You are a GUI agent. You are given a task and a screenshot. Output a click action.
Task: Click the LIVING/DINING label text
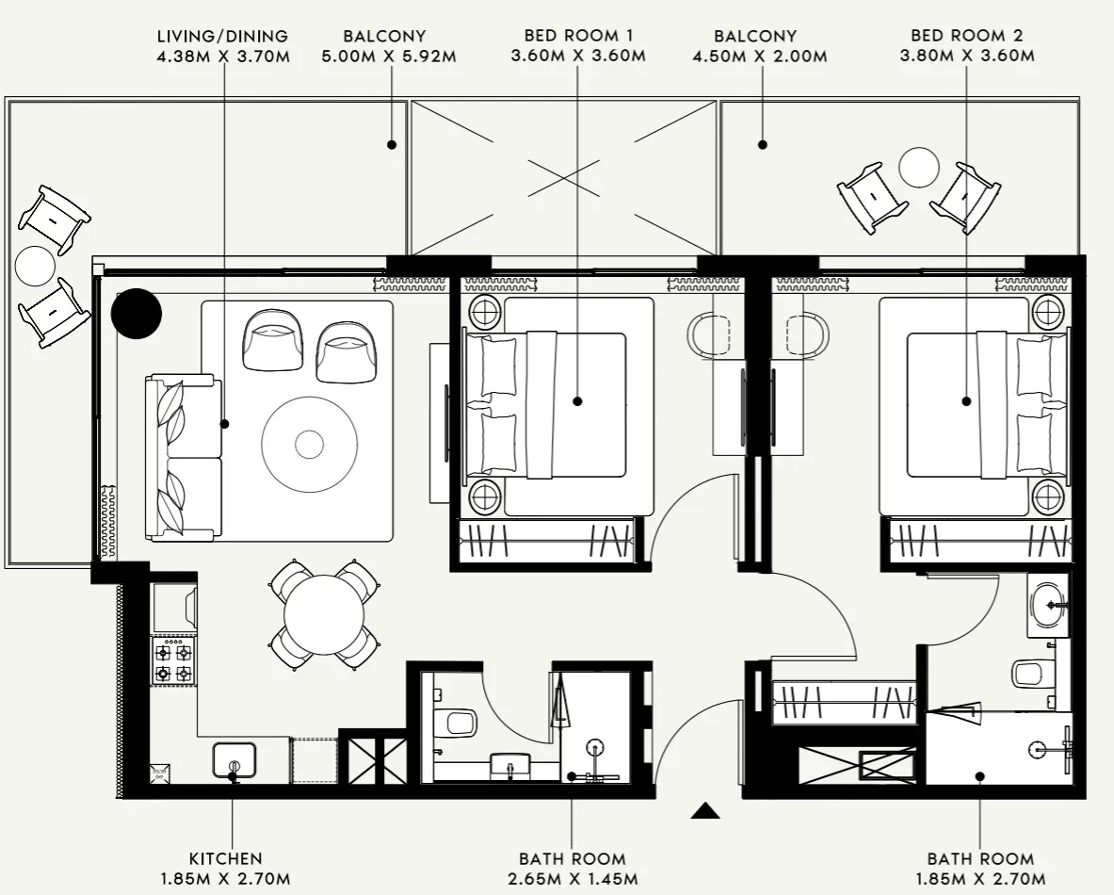click(x=223, y=36)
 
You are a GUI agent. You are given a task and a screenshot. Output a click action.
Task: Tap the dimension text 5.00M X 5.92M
click(x=390, y=56)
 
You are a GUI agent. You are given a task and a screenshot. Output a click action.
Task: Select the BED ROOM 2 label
click(x=966, y=36)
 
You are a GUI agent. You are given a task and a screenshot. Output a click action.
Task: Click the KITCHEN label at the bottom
click(x=225, y=858)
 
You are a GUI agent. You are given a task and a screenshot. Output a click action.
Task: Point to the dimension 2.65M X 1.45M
click(x=572, y=879)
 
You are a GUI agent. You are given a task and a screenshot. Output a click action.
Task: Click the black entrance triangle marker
click(x=704, y=810)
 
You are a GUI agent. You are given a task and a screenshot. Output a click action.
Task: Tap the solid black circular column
click(x=137, y=313)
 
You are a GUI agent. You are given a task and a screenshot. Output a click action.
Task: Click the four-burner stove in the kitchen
click(x=174, y=661)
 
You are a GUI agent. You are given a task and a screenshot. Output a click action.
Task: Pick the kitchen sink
click(x=234, y=760)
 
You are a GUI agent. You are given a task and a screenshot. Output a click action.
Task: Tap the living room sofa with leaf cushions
click(x=184, y=457)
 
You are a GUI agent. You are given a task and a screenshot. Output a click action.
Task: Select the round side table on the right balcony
click(x=919, y=168)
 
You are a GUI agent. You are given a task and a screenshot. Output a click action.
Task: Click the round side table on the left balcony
click(x=36, y=266)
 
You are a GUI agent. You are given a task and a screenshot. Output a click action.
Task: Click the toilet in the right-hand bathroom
click(x=1028, y=673)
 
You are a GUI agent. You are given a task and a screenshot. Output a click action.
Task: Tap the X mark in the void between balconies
click(x=563, y=176)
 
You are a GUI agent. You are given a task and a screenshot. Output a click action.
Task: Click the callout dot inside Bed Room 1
click(x=577, y=401)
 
